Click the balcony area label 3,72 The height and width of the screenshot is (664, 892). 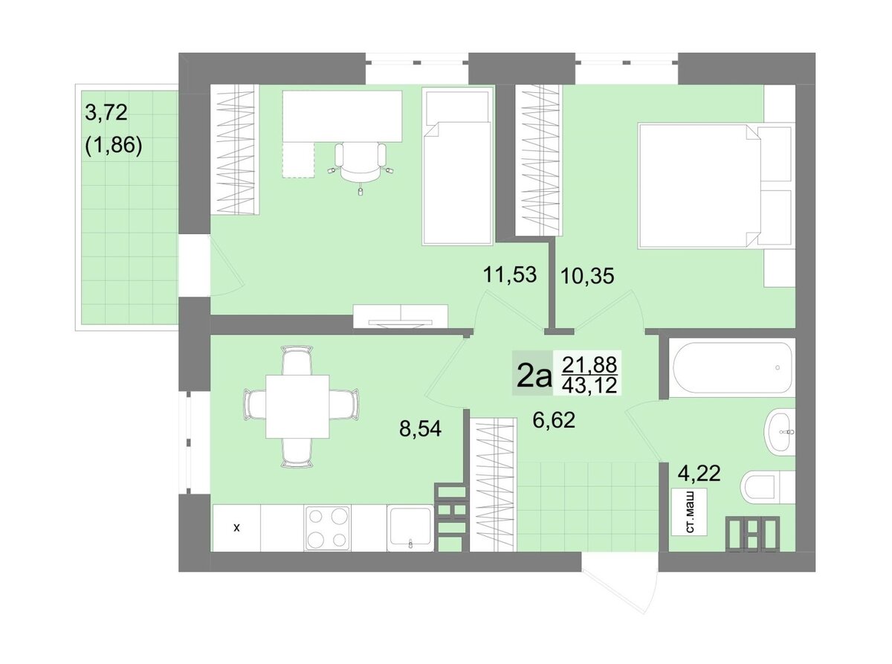(106, 112)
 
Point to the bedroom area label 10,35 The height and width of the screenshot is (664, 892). (587, 276)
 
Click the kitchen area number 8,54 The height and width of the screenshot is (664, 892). (420, 428)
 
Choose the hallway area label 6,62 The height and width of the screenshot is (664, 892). (554, 421)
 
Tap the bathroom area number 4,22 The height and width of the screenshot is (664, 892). (699, 473)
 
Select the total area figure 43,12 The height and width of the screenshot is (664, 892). (589, 385)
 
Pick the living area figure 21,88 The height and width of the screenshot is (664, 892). (589, 365)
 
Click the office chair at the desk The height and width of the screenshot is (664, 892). (361, 165)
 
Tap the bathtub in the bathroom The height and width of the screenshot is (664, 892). (732, 367)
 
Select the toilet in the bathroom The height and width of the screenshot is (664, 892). (767, 487)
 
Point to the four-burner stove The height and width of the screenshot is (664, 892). (327, 528)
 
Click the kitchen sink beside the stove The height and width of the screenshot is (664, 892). (410, 528)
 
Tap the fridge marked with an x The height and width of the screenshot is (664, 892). (236, 528)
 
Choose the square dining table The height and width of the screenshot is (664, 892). (297, 407)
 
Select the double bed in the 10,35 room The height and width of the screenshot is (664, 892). (716, 185)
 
